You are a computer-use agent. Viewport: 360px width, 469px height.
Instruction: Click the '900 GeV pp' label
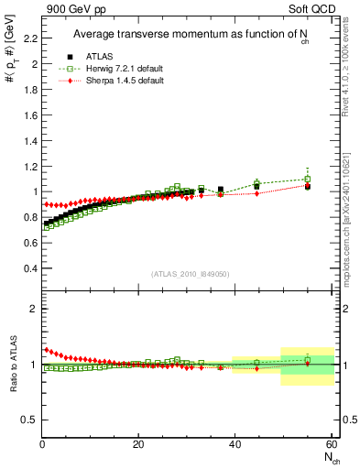pos(71,8)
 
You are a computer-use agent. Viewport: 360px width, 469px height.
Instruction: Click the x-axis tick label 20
pos(138,445)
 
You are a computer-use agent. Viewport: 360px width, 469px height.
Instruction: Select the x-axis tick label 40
pos(235,445)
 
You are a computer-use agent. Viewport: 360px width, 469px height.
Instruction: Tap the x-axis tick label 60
pos(330,445)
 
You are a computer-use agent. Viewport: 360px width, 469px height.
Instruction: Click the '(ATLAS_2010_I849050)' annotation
pos(190,274)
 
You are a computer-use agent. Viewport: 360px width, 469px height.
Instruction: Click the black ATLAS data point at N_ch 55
pos(308,186)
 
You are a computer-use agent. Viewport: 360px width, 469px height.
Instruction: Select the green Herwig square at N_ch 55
pos(308,179)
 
